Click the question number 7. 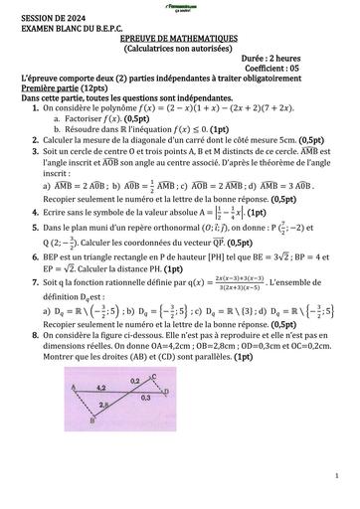click(x=21, y=284)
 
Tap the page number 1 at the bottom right click(x=337, y=476)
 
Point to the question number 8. click(x=21, y=335)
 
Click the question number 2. click(x=21, y=141)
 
